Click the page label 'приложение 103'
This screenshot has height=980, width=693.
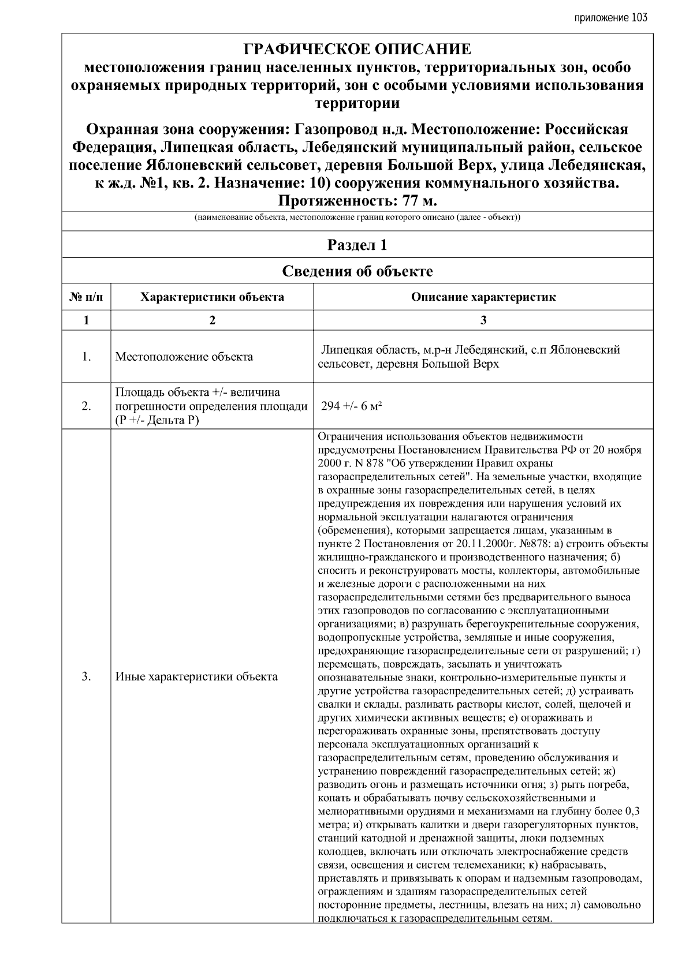(610, 17)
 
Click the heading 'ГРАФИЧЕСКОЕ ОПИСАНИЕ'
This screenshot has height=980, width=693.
(357, 49)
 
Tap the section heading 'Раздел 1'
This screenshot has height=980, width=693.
(357, 245)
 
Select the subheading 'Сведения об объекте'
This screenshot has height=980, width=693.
(357, 271)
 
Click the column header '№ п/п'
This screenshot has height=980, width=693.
(86, 297)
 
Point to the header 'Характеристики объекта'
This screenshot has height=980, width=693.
(212, 297)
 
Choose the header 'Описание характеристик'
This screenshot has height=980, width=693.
(483, 297)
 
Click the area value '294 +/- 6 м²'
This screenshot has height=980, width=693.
(352, 406)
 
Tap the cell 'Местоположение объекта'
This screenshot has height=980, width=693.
(184, 357)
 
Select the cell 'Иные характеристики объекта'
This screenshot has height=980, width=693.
(196, 676)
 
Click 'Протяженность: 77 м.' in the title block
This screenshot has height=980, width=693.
(357, 201)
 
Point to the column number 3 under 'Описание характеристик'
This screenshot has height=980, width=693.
(483, 321)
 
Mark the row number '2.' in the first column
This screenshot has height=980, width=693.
(86, 406)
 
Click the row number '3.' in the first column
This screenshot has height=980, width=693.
(86, 676)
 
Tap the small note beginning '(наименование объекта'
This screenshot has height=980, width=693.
(357, 218)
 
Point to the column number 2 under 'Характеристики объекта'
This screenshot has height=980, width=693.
(212, 321)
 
